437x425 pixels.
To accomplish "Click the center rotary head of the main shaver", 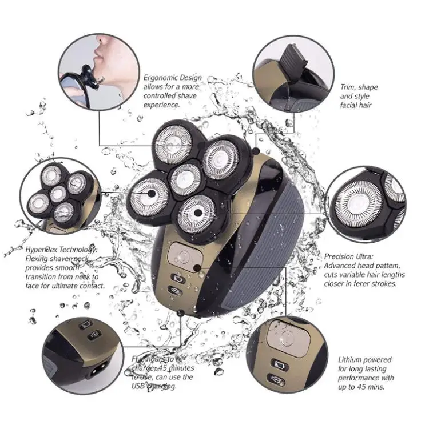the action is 187,175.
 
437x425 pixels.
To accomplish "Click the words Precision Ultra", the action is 350,256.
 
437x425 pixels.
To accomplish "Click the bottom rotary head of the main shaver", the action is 197,214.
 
